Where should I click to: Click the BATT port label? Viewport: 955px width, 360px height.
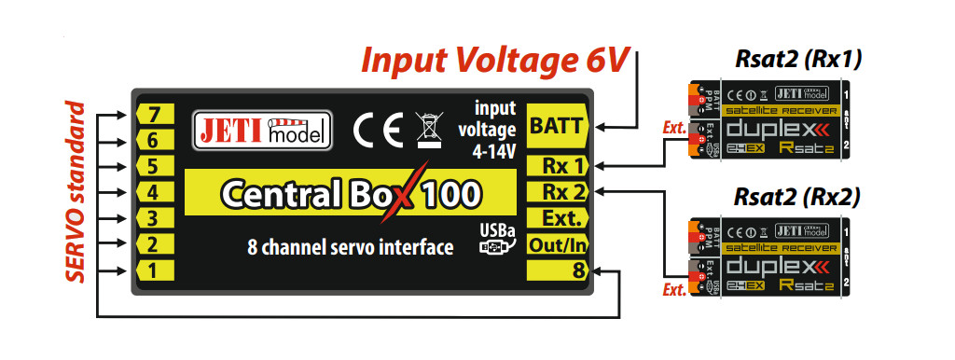[x=556, y=126]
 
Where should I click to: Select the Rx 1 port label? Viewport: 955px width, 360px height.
[x=558, y=167]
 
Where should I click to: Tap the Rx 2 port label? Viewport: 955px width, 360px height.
[x=558, y=193]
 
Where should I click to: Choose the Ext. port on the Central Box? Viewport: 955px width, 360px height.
[x=558, y=219]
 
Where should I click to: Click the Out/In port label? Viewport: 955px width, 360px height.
[x=558, y=245]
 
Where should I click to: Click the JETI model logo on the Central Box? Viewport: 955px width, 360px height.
[x=261, y=132]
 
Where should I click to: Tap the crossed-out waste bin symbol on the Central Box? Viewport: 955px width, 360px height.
[x=427, y=130]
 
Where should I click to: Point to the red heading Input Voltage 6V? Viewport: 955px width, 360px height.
[x=496, y=59]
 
